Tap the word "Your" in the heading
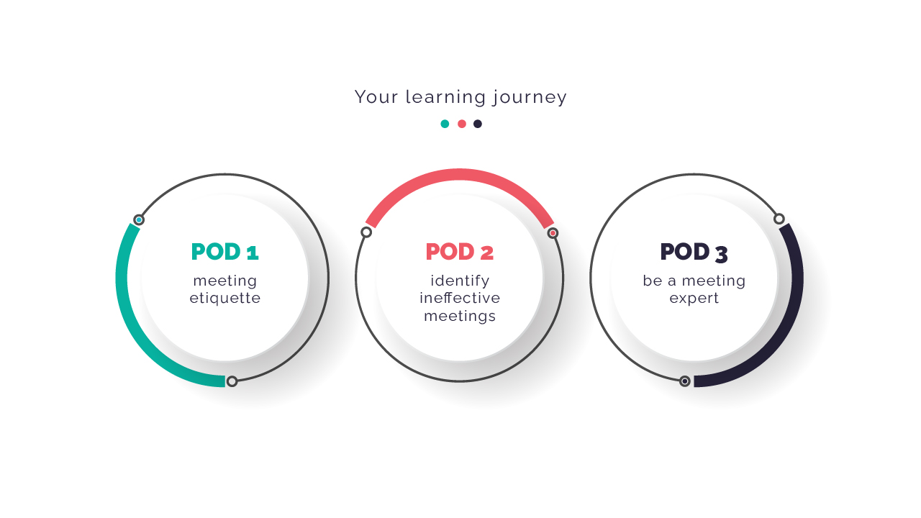tap(376, 97)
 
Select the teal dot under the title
tap(445, 124)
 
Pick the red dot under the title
tap(462, 124)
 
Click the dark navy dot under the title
tap(477, 124)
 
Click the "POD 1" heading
tap(225, 252)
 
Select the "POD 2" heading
tap(459, 252)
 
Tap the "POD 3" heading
tap(694, 253)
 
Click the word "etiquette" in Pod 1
tap(225, 298)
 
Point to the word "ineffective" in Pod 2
tap(460, 298)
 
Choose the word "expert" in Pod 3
tap(694, 299)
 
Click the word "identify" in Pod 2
tap(460, 281)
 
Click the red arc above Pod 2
tap(460, 174)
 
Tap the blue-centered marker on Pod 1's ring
tap(139, 219)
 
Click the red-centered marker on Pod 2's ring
tap(553, 233)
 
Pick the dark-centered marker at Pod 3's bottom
tap(684, 381)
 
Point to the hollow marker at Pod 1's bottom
tap(232, 381)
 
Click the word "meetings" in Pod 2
tap(460, 316)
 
